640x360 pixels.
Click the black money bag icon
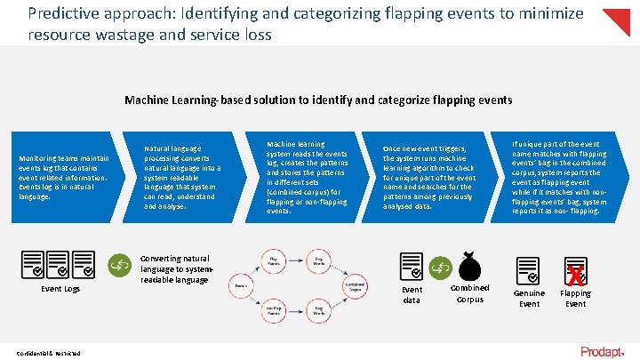click(470, 265)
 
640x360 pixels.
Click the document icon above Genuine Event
click(528, 269)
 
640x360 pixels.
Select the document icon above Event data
click(411, 266)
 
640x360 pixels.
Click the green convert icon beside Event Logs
click(118, 263)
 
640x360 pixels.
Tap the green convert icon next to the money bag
click(440, 266)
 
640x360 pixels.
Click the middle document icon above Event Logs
click(60, 263)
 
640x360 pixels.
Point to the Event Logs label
click(60, 289)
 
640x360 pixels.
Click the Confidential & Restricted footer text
click(49, 353)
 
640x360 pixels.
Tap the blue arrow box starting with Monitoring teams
click(67, 176)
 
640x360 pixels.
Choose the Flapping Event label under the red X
click(575, 298)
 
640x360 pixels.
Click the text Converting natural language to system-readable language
click(176, 268)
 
